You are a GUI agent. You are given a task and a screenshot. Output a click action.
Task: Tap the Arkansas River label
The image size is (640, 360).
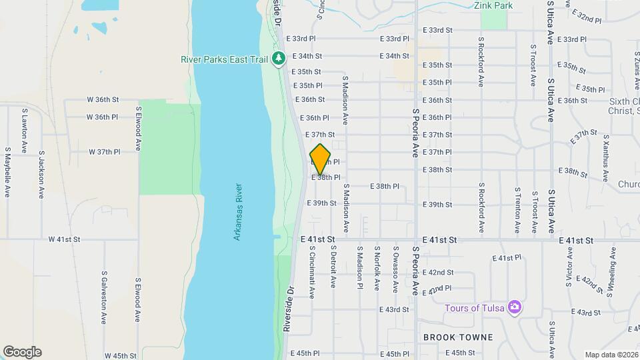pos(238,212)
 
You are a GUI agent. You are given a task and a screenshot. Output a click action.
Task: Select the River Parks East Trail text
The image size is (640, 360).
pos(225,59)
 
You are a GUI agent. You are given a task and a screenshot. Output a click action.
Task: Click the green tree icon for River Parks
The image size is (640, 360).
pos(278,59)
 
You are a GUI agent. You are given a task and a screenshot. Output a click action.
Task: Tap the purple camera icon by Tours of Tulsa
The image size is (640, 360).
pos(514,307)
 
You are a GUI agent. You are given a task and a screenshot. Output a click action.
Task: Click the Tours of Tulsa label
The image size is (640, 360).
pos(475,307)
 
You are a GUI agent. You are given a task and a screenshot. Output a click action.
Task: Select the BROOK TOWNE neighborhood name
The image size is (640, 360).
pos(458,337)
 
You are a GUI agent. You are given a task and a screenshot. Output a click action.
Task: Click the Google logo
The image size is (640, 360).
pos(22,352)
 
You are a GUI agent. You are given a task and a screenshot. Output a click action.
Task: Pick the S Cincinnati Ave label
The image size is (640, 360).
pos(311,273)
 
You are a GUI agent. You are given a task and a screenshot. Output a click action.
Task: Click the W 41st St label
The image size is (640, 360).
pos(64,239)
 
